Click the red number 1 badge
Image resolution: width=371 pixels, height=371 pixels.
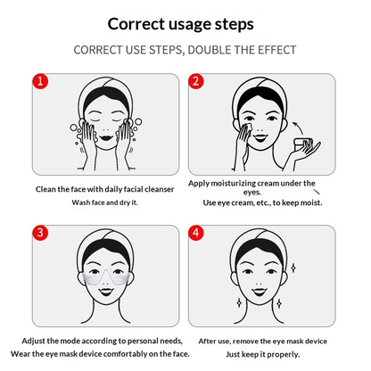coord(38,82)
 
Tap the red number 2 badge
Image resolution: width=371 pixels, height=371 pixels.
coord(195,82)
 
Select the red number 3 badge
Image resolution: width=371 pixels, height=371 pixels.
coord(38,235)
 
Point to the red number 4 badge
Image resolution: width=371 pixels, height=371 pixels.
coord(195,235)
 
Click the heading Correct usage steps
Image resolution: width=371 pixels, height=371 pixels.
coord(185,24)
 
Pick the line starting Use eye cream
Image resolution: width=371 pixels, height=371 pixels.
coord(268,202)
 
